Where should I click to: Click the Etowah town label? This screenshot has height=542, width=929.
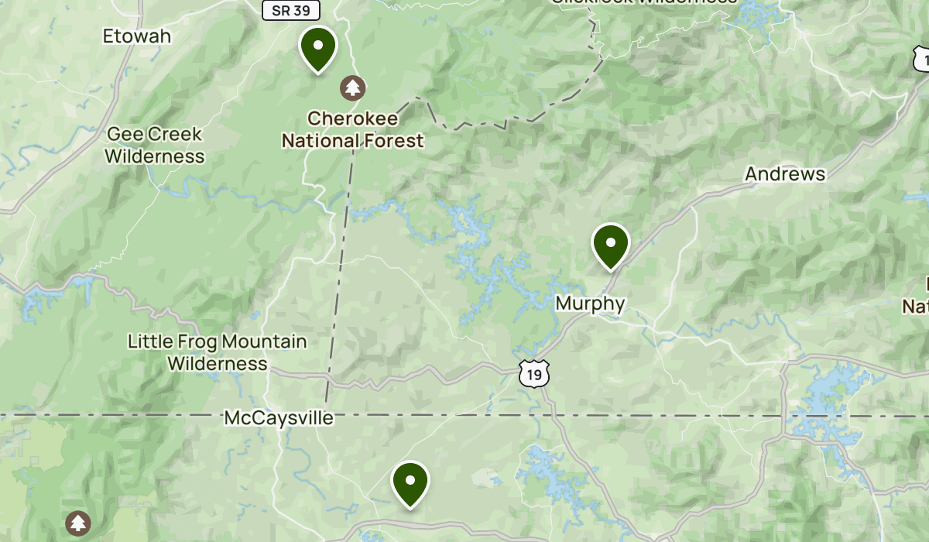click(x=137, y=36)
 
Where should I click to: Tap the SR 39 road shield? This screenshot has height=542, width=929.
click(x=290, y=9)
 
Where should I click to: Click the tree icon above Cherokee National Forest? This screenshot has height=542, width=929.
click(x=354, y=87)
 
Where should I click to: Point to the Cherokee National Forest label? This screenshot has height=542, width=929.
click(x=353, y=129)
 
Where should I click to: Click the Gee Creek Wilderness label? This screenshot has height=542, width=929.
click(x=154, y=145)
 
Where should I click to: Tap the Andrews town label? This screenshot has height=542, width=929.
click(x=785, y=174)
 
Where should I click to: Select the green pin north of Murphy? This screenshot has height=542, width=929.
click(x=611, y=244)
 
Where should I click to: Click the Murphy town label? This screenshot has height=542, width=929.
click(x=590, y=303)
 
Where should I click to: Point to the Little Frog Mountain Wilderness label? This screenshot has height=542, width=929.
click(x=218, y=352)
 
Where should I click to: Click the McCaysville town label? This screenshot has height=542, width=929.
click(x=279, y=418)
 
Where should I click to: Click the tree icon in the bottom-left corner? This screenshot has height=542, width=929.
click(x=77, y=523)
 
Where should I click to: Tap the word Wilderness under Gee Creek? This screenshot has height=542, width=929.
click(x=154, y=156)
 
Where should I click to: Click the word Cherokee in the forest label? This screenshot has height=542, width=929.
click(x=353, y=118)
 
